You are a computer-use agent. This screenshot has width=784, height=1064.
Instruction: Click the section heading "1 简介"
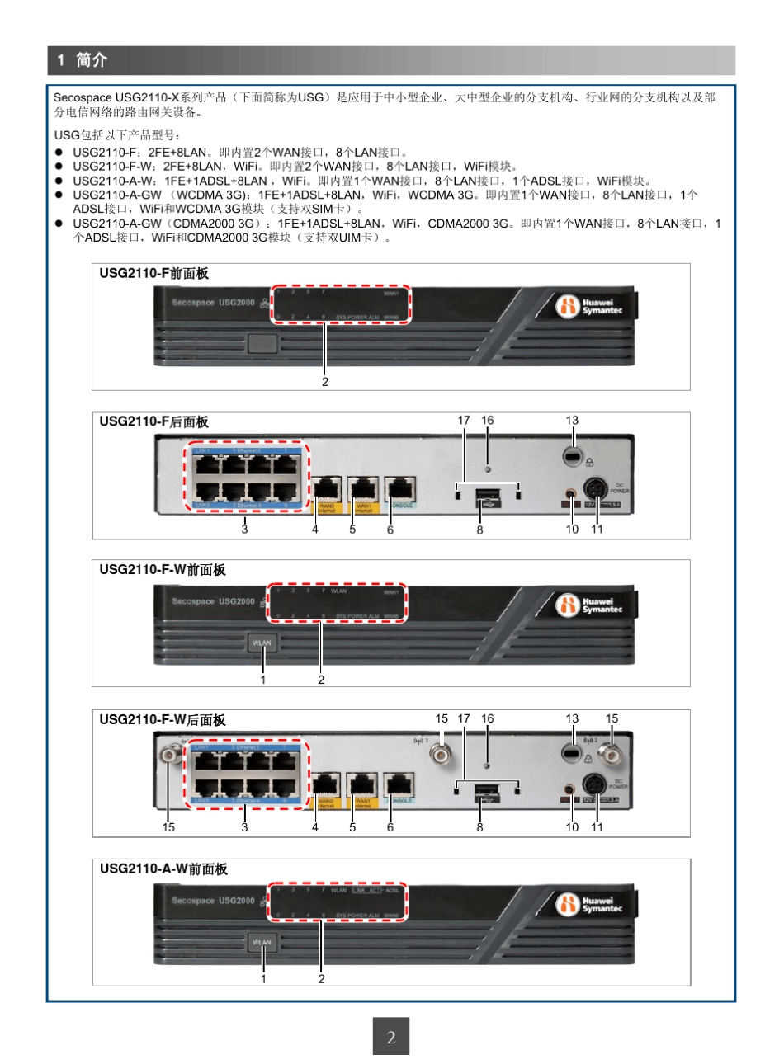(x=83, y=60)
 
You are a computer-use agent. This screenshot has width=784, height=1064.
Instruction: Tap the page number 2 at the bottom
(x=391, y=1037)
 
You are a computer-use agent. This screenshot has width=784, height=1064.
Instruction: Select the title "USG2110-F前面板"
(x=154, y=273)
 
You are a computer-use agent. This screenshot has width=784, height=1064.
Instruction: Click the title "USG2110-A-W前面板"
(x=163, y=869)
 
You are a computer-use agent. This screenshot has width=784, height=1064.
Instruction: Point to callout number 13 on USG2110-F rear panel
(x=572, y=421)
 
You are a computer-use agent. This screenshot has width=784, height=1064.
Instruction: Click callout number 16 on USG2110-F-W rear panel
(x=488, y=718)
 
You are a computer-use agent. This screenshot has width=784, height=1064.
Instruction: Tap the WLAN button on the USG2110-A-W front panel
(x=262, y=942)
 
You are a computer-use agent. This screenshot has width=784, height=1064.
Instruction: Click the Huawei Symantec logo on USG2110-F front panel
(x=588, y=307)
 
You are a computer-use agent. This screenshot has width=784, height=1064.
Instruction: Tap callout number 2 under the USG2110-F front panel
(x=325, y=382)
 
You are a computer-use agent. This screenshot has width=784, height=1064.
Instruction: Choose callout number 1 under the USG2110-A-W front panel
(x=263, y=978)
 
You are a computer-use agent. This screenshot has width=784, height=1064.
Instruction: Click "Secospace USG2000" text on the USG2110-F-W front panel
(x=213, y=601)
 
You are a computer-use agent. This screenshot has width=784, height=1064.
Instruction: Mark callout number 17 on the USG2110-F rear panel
(x=464, y=421)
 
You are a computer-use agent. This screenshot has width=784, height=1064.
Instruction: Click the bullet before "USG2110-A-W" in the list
(x=59, y=181)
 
